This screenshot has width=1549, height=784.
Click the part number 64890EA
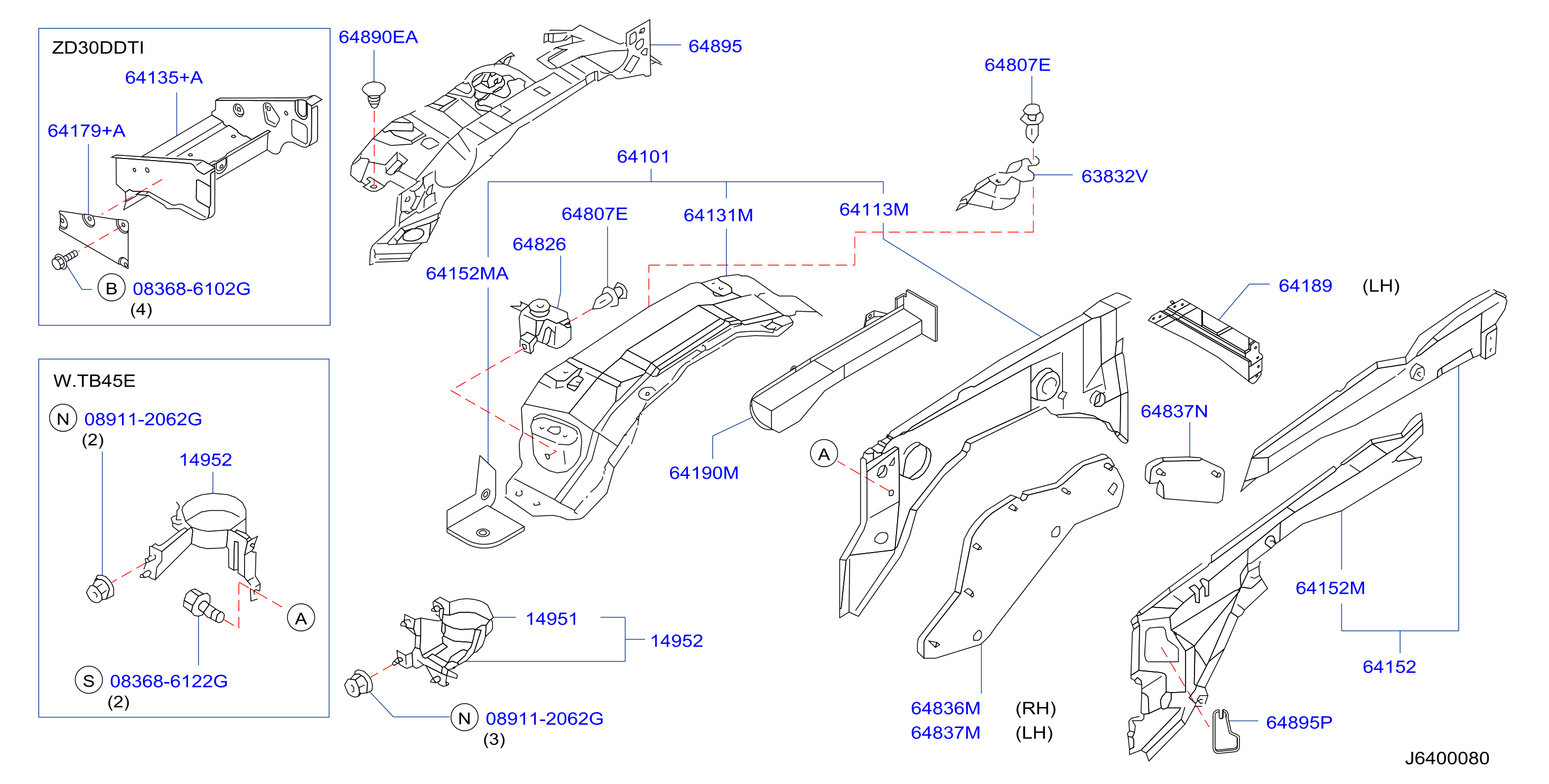coord(378,38)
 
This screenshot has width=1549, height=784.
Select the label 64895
coord(715,46)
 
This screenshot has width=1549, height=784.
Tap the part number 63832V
coord(1114,176)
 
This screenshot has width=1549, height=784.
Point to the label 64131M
coord(718,215)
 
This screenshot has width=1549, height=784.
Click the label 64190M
coord(704,472)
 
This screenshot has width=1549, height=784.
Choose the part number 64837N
coord(1174,411)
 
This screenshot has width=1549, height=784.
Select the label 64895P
coord(1299,722)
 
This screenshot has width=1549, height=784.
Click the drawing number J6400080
coord(1447,758)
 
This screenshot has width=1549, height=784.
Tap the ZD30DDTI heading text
coord(98,48)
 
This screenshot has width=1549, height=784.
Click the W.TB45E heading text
coord(95,380)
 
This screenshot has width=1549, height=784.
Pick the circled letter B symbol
coord(111,288)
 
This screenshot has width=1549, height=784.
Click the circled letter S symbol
coord(88,680)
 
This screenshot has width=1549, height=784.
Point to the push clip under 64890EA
coord(374,95)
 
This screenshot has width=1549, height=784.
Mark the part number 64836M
coord(945,708)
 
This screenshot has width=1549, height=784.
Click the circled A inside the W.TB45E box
coord(301,618)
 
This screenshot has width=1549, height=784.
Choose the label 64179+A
coord(86,130)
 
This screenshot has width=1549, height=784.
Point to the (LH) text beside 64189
coord(1380,286)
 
